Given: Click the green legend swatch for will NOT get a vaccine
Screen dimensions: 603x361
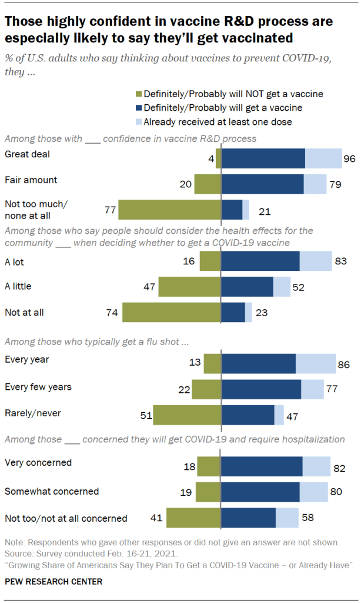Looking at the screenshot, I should (x=139, y=94).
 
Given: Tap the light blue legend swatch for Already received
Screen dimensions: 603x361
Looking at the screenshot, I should (x=139, y=122).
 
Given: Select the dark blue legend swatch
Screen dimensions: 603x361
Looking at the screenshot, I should (x=139, y=108).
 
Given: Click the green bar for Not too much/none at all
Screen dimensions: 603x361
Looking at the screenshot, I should (x=169, y=210).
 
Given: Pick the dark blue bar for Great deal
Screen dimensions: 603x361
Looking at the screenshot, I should (x=263, y=159).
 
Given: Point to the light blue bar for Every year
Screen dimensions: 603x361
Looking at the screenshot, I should (x=315, y=364).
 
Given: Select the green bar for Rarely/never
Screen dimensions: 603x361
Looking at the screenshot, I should (x=187, y=415).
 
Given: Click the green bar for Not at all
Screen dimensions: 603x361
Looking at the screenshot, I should (x=171, y=312).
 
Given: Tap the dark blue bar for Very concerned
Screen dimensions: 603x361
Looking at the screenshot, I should (x=262, y=466).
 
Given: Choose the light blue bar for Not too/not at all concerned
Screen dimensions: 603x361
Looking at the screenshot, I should (x=287, y=518).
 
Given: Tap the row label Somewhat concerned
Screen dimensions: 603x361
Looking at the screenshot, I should (x=52, y=491).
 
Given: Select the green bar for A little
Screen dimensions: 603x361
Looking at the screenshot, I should (x=189, y=287).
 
